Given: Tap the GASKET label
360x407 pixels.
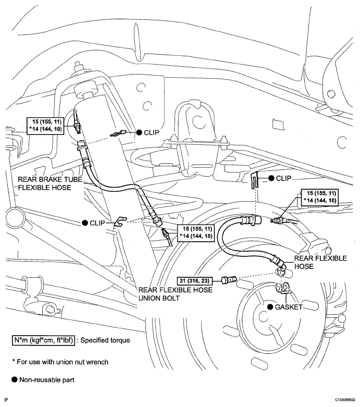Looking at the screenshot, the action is coord(289,307).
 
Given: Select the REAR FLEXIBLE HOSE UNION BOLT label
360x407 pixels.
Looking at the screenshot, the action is coord(176,294).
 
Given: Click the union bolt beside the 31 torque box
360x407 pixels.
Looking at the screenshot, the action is coord(229,280).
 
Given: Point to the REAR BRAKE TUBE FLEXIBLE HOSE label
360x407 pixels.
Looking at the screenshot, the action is coord(50,183).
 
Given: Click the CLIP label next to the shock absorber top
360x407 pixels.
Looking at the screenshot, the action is coord(151,133).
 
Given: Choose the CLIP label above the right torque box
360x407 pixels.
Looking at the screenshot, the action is coord(284,178).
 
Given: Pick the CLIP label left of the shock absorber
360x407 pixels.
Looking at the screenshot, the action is coord(97,223).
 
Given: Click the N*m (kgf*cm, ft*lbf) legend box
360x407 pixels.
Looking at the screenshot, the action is coord(44,340).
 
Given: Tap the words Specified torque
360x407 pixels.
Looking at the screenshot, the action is coord(105,340).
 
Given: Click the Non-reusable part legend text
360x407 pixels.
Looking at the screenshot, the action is coord(47,380).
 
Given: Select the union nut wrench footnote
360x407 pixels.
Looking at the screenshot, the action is coord(60,362).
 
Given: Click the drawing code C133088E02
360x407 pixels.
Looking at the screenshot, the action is coord(345,400).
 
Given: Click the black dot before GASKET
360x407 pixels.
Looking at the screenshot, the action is coord(270,307).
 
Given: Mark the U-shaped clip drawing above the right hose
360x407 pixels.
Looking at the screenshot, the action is coord(255,180).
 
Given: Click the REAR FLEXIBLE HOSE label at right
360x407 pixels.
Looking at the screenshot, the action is coord(320,263).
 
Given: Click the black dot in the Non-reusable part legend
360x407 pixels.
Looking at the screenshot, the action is coord(15,380).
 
